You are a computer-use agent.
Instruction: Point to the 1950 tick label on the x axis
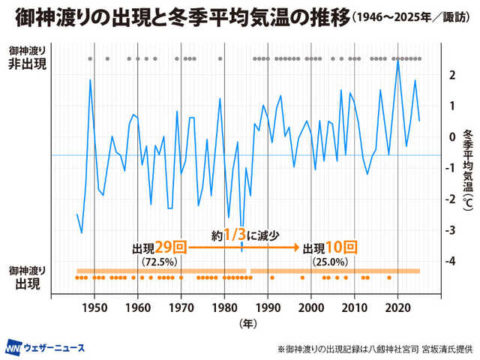coord(94,307)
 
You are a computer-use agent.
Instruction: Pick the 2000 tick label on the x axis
coord(311,307)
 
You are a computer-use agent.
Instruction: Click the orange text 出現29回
coord(159,247)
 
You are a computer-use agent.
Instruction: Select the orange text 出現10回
coord(329,247)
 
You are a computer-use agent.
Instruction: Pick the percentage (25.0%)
coord(329,262)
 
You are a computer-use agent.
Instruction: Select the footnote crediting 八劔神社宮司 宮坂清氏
coord(372,349)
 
